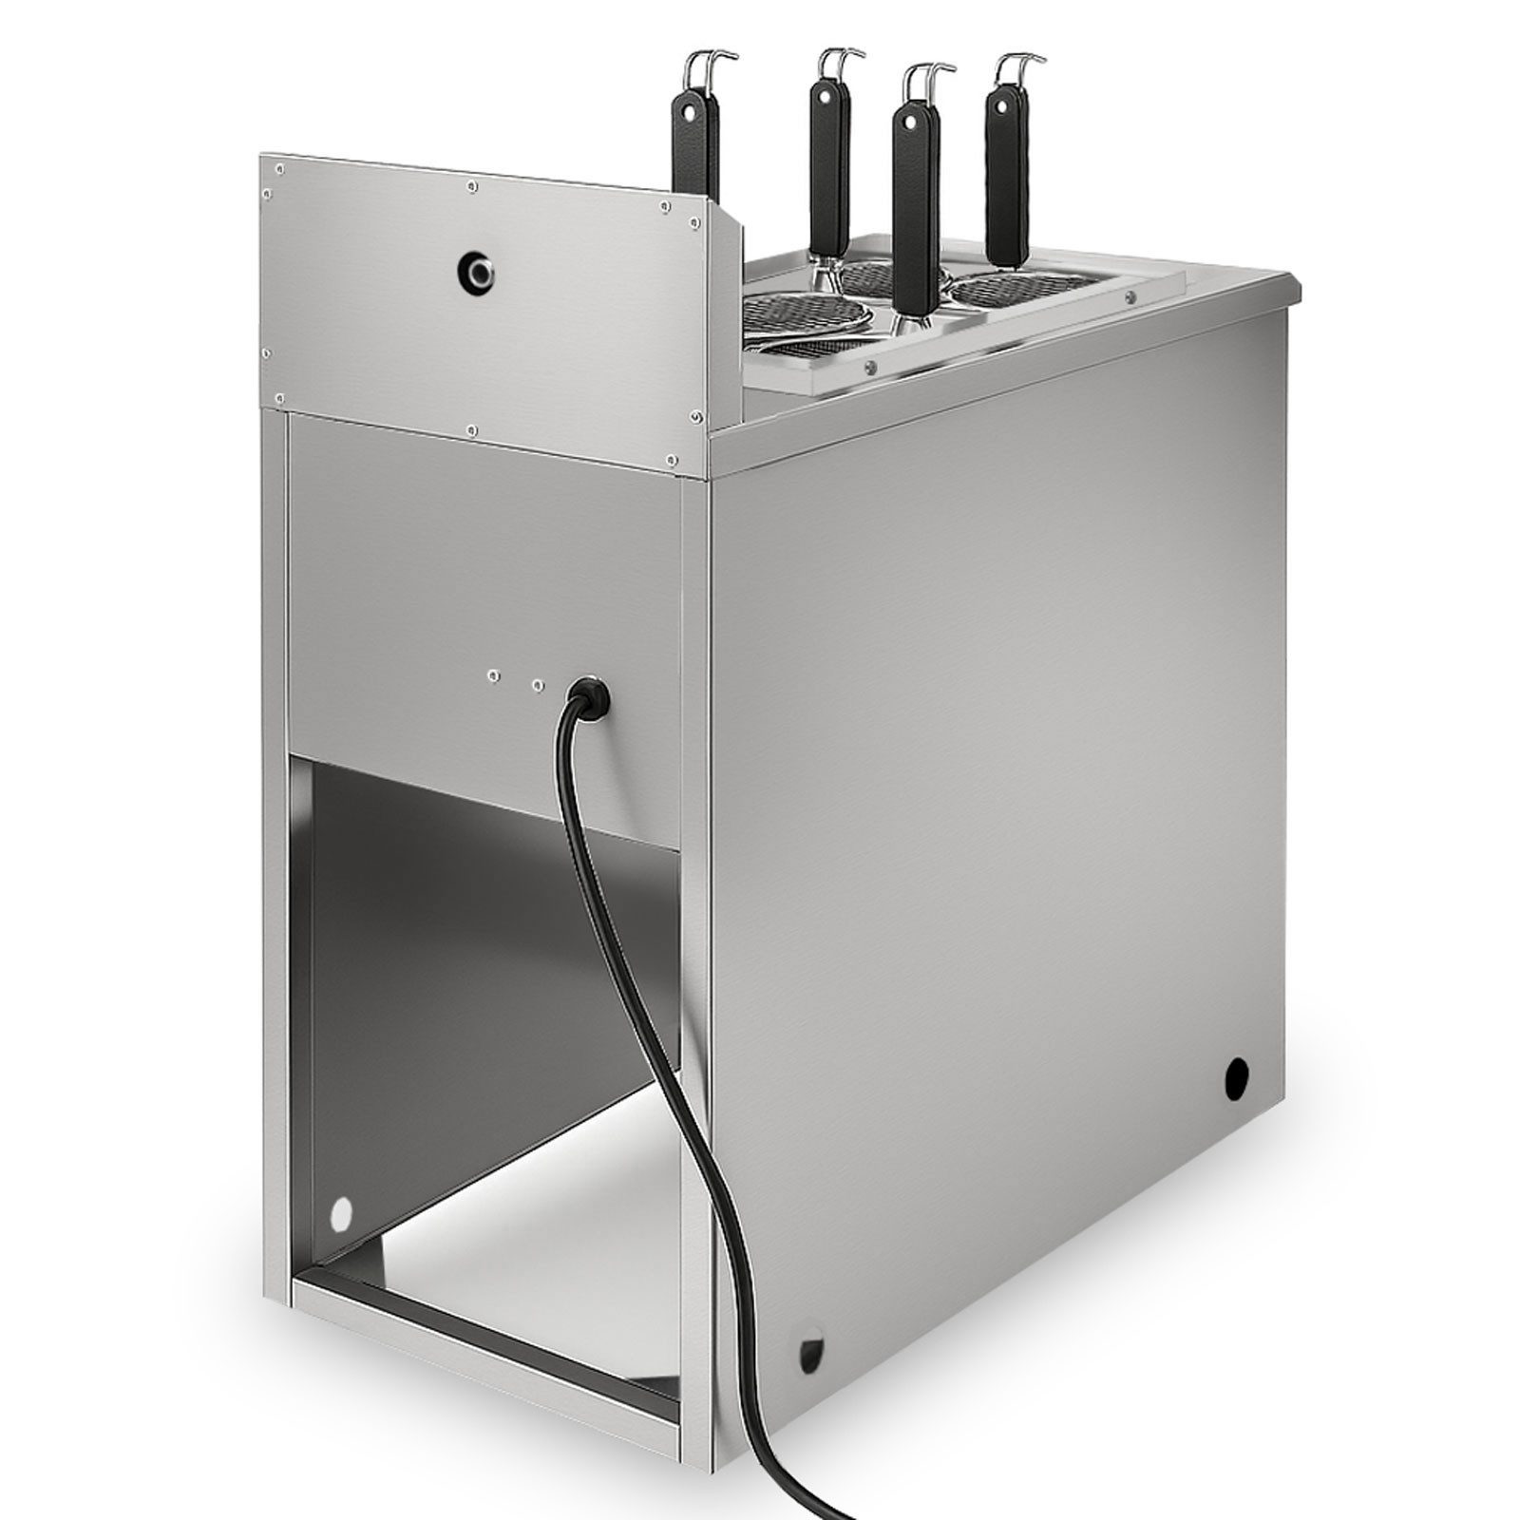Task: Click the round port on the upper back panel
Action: coord(476,272)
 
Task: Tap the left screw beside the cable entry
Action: coord(492,675)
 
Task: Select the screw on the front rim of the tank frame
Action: coord(869,366)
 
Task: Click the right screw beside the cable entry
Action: coord(538,683)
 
